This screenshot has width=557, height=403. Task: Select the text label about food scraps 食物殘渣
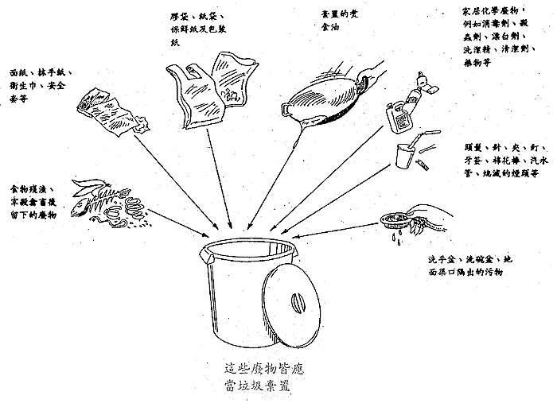(x=32, y=204)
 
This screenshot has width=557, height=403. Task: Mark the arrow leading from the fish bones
(x=171, y=219)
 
